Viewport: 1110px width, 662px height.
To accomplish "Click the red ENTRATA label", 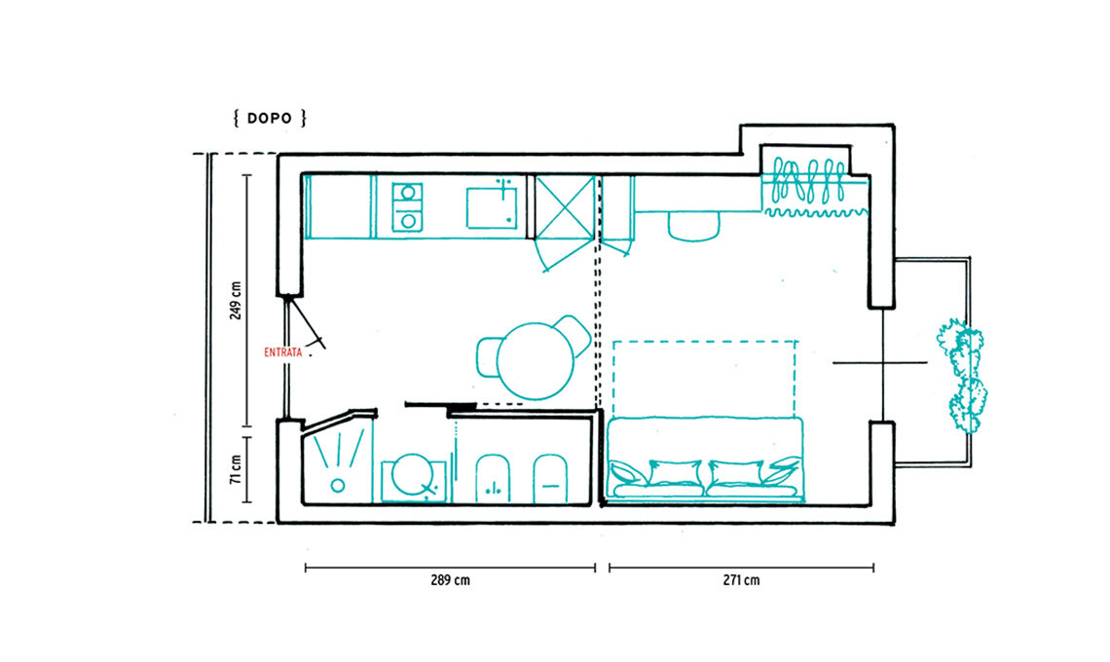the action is (x=282, y=351).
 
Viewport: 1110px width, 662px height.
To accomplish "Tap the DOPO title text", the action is (x=270, y=118).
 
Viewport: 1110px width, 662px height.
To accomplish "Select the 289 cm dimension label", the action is (x=450, y=580).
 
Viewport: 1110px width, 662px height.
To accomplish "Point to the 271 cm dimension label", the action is (x=741, y=580).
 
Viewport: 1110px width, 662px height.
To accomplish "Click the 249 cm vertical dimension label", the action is (x=236, y=300).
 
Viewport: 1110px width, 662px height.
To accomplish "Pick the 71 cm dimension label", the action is (x=236, y=469).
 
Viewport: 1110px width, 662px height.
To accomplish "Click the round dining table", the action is (x=536, y=361).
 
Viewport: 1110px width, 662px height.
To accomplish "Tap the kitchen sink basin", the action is (x=492, y=207).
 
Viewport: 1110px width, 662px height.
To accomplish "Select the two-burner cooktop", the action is (x=407, y=206).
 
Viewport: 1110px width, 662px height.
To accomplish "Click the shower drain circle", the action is (x=338, y=486).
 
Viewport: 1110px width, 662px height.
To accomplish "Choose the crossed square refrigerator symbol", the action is (x=565, y=206).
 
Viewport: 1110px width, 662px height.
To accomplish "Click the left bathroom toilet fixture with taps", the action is (x=494, y=478).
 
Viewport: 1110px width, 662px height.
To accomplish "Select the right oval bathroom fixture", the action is (x=550, y=479).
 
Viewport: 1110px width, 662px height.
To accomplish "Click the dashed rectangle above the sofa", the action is (x=704, y=342).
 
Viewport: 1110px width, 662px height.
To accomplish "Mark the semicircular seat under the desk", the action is (x=693, y=227).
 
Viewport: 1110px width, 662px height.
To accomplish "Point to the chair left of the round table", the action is (x=488, y=357).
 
